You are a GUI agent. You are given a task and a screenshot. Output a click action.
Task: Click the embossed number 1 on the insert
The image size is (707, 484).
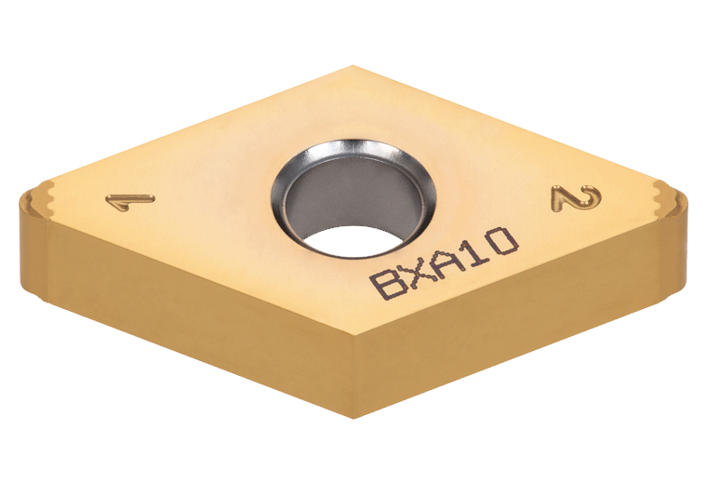[x=131, y=201]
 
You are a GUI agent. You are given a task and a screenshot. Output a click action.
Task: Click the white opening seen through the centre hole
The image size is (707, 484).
[x=353, y=242]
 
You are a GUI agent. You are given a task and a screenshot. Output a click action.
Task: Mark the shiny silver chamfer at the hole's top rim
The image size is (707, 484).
[x=356, y=149]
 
